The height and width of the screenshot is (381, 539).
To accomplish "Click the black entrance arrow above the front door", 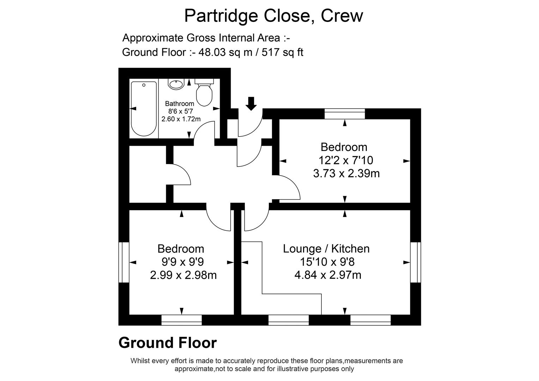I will (x=251, y=104).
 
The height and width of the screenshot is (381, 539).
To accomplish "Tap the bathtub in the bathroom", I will (x=144, y=109).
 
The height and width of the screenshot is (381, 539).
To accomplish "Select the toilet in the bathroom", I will (x=204, y=93).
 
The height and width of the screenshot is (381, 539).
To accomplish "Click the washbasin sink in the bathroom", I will (x=176, y=84).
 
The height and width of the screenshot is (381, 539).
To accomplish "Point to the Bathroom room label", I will (x=180, y=104).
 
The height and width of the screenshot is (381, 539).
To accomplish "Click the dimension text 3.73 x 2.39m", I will (x=346, y=174).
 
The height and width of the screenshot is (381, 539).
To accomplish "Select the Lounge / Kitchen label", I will (x=326, y=249).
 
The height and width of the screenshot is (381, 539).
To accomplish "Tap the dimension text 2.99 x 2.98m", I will (x=183, y=275).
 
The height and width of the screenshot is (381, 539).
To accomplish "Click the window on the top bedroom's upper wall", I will (x=345, y=114).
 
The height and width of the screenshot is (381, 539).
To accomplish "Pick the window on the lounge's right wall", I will (x=416, y=262).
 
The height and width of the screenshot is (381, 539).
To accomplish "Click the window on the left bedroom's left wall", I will (x=123, y=262).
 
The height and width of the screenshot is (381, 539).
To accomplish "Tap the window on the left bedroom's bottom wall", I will (x=181, y=320).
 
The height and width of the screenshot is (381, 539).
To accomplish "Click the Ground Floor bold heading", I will (x=168, y=343).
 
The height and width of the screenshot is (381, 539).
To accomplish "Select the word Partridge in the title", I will (x=221, y=16).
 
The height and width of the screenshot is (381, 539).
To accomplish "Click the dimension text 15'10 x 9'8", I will (x=326, y=262).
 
